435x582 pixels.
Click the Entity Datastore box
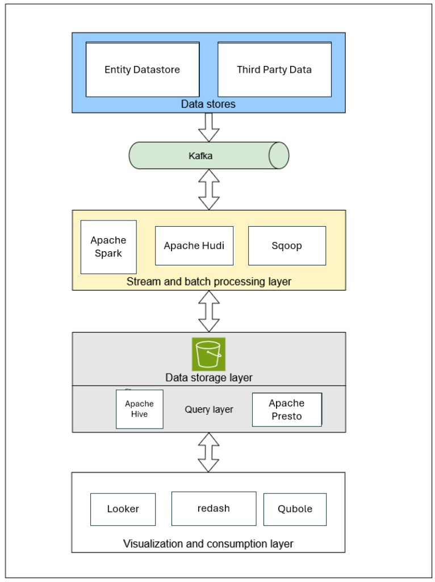coord(142,70)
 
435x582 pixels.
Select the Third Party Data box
coord(274,70)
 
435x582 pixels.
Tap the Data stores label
coord(208,105)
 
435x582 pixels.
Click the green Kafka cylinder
coord(208,156)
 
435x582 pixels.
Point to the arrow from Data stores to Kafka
coord(208,127)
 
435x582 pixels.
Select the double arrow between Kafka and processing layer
coord(208,189)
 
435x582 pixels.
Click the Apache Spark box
coord(108,247)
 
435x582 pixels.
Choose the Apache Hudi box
coord(194,246)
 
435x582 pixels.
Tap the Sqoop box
coord(287,246)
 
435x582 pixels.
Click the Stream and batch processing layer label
coord(208,282)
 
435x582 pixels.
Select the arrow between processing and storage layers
coord(208,311)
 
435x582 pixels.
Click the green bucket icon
coord(208,354)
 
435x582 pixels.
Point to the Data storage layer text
coord(208,378)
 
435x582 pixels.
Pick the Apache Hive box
coord(139,409)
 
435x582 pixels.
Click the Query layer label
coord(208,409)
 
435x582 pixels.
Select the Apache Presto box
coord(286,410)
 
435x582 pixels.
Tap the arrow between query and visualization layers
coord(208,452)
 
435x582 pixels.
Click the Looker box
coord(123,509)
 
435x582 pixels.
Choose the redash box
coord(214,509)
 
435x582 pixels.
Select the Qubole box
coord(295,509)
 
